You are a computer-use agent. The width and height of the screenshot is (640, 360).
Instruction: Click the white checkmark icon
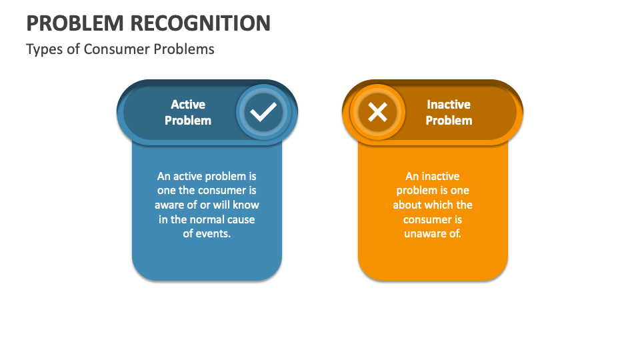pos(263,112)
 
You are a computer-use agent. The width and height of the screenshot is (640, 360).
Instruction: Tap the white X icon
pos(377,112)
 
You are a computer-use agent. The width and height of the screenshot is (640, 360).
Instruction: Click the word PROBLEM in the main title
pos(75,23)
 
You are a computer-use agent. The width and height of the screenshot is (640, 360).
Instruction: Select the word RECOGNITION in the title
pos(201,23)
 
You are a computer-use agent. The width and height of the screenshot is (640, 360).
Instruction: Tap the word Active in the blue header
pos(188,105)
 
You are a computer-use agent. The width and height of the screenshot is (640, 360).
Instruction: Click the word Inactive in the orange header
pos(449,105)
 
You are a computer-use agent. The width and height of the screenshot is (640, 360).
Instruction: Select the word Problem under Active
pos(188,121)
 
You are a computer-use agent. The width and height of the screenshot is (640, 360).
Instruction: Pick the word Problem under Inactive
pos(449,121)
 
